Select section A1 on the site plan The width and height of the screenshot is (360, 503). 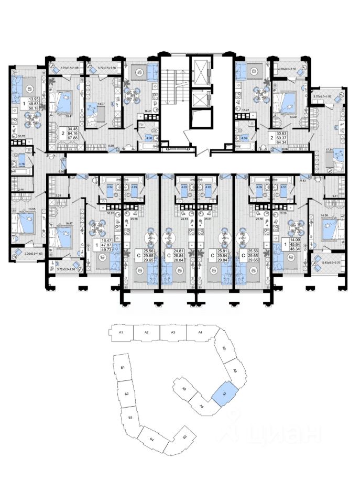click(x=121, y=333)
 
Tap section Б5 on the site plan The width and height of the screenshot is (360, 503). click(x=183, y=438)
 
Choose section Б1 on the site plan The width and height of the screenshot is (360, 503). click(x=122, y=369)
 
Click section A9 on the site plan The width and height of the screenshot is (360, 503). click(x=184, y=389)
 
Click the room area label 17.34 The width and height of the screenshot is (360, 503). click(x=330, y=150)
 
